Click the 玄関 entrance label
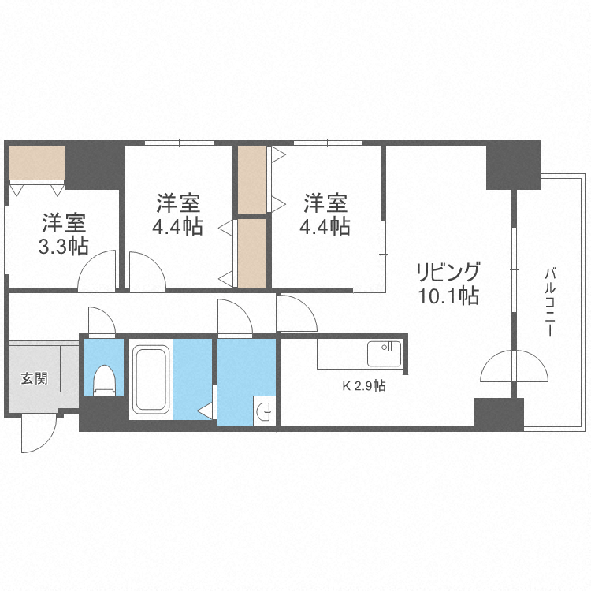33,378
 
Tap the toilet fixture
104,379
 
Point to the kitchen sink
384,353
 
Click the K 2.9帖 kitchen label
363,386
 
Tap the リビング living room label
448,273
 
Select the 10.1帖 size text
448,297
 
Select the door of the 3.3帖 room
98,270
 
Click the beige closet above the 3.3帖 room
36,163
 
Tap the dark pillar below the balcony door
498,413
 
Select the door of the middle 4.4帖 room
147,271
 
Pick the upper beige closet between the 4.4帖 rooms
252,179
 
